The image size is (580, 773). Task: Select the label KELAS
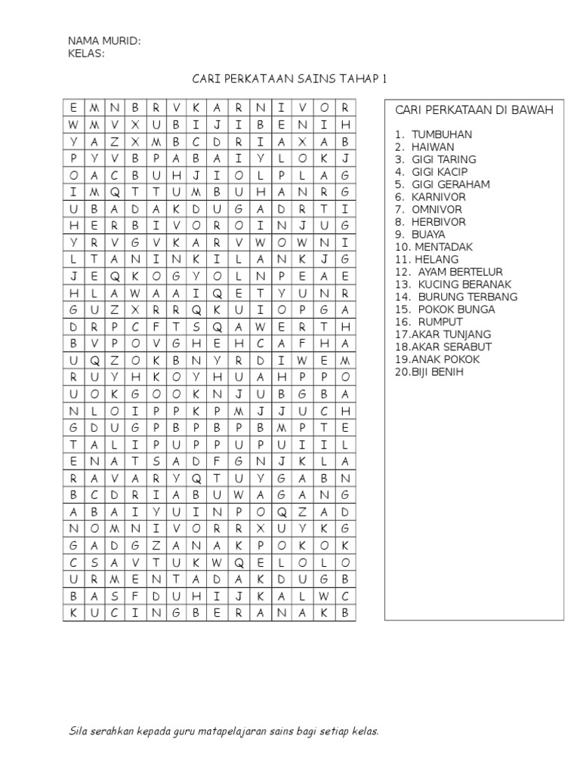86,54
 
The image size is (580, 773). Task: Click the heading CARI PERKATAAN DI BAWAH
474,110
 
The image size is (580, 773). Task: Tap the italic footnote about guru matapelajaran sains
224,731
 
